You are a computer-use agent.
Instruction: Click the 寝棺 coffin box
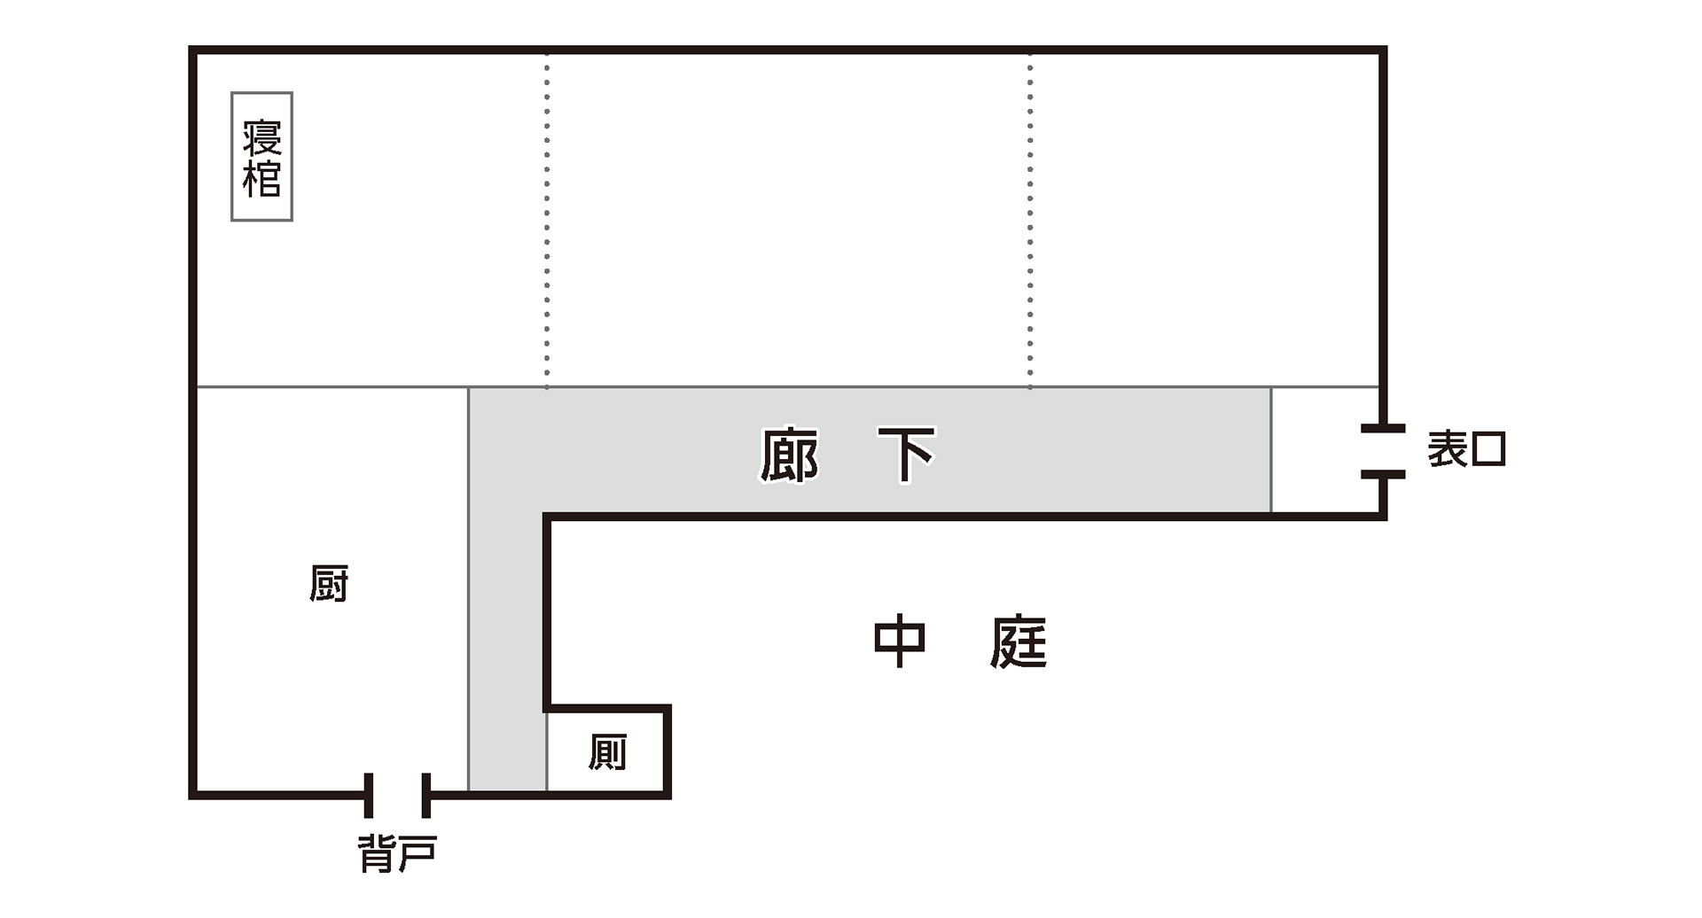(262, 157)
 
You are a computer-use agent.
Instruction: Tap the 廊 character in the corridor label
(788, 455)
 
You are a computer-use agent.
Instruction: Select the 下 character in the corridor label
(906, 455)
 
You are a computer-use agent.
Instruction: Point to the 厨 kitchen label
(329, 584)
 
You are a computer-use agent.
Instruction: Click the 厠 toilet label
(607, 752)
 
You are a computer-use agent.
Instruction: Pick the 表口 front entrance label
(1466, 450)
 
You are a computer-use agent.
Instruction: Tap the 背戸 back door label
(397, 854)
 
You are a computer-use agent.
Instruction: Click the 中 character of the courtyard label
(899, 642)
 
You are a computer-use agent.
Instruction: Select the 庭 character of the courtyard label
(1019, 642)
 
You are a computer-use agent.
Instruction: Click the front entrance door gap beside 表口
(1383, 452)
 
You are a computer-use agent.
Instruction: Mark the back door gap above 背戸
(398, 794)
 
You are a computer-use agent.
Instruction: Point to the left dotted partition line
(547, 222)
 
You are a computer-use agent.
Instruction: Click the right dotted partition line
(1030, 222)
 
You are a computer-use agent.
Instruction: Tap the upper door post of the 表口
(1383, 429)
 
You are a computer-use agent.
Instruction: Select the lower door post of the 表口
(1383, 475)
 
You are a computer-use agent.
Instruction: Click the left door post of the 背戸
(369, 795)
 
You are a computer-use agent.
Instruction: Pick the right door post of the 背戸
(426, 795)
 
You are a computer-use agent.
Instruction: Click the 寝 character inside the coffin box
(262, 136)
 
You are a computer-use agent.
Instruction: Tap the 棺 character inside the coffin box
(262, 179)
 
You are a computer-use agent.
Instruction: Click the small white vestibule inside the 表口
(1324, 450)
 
